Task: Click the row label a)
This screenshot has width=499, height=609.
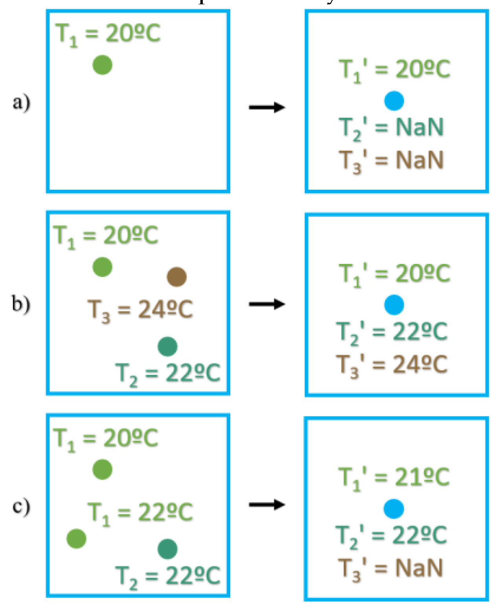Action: click(21, 103)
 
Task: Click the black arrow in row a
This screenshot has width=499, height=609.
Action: click(267, 107)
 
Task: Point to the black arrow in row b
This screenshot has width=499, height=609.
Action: click(267, 304)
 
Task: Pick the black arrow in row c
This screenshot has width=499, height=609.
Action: click(267, 504)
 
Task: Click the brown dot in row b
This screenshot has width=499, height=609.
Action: click(176, 277)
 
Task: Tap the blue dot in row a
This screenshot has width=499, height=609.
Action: click(394, 101)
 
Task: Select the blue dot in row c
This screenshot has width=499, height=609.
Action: click(394, 509)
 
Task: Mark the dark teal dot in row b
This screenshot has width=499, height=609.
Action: click(167, 347)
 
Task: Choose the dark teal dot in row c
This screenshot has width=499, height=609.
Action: click(167, 549)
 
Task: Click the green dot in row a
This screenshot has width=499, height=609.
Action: click(102, 65)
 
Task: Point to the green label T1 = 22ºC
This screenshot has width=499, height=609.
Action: click(140, 513)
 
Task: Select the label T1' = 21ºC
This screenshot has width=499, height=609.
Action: click(394, 478)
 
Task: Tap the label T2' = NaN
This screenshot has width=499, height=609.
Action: click(391, 128)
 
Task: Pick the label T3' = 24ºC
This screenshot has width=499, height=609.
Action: click(392, 365)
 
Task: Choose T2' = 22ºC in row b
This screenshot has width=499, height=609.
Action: click(392, 332)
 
